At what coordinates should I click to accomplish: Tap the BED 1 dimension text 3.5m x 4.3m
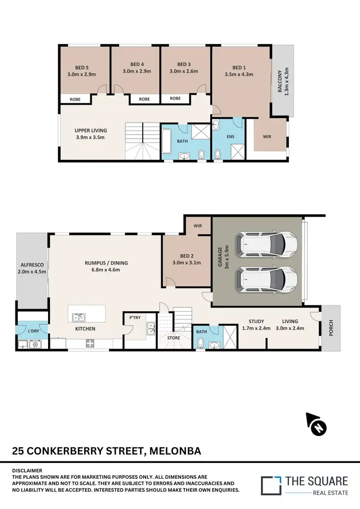click(x=239, y=74)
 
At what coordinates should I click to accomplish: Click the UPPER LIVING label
click(x=90, y=130)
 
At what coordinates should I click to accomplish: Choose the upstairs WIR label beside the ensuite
click(x=267, y=136)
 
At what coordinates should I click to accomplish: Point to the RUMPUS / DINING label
click(x=106, y=263)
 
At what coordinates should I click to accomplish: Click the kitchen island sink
click(x=76, y=317)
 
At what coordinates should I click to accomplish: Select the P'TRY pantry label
click(x=134, y=317)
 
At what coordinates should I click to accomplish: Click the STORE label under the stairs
click(x=173, y=338)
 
